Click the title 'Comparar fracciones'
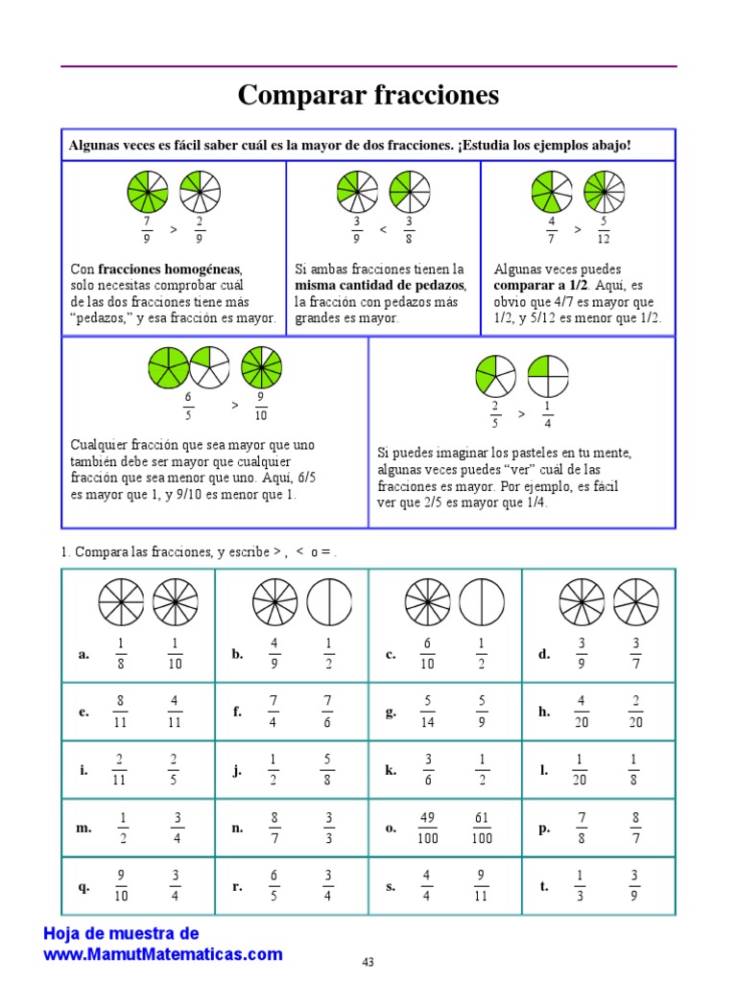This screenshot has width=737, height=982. (368, 96)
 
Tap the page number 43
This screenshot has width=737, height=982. (368, 961)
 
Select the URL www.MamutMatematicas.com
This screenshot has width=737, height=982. (163, 954)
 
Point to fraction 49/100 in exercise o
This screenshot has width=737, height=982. (427, 828)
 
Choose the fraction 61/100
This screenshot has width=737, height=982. (482, 828)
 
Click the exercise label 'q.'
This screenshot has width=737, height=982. (83, 887)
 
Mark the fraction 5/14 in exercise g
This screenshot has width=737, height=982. (427, 713)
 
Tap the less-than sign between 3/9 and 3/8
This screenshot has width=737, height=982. (382, 230)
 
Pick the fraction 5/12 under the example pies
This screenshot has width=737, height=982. (603, 230)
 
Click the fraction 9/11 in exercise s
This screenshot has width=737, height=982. (482, 886)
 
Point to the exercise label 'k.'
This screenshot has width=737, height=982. (391, 770)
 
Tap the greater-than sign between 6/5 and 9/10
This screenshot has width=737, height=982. (234, 406)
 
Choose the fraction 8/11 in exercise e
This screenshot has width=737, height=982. (120, 713)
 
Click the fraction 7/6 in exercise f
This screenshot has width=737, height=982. (328, 713)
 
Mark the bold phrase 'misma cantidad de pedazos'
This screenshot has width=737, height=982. (380, 286)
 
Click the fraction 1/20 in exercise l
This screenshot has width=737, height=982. (581, 770)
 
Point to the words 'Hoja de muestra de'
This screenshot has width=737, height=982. (122, 934)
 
